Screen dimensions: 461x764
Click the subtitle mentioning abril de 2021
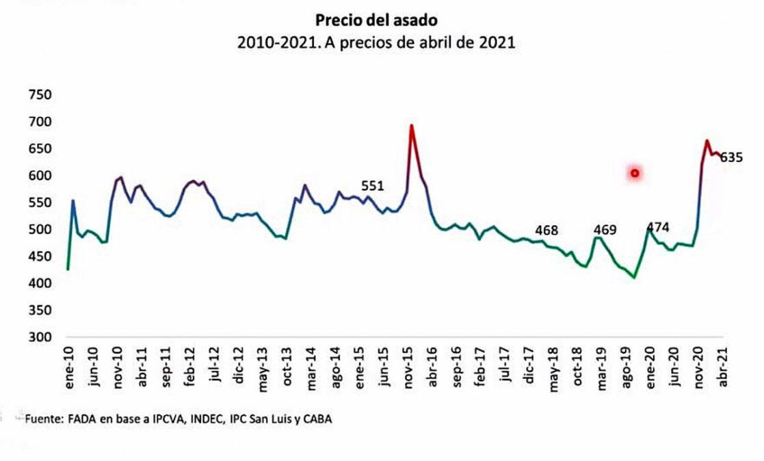376,42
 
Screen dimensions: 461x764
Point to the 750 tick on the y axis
40,94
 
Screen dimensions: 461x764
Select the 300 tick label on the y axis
40,337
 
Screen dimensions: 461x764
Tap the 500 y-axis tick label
40,229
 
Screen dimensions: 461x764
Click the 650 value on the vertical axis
40,148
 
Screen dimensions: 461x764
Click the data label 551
373,185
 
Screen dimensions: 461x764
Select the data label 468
546,230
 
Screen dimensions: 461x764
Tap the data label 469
605,230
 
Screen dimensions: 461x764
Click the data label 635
731,157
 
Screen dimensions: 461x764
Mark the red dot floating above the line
635,173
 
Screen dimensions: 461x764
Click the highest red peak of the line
412,125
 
